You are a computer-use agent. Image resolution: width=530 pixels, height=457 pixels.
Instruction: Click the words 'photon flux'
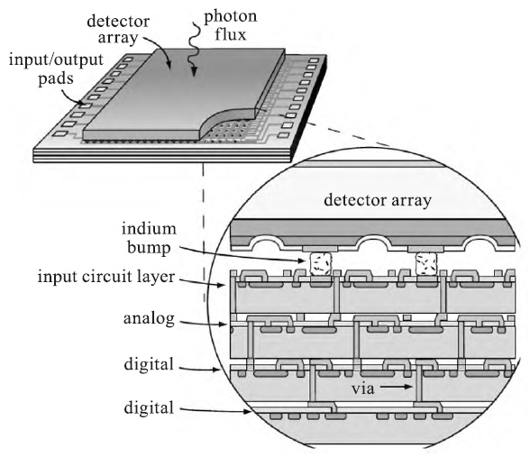pyautogui.click(x=230, y=25)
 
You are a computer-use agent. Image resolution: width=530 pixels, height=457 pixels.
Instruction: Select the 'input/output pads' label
pyautogui.click(x=56, y=69)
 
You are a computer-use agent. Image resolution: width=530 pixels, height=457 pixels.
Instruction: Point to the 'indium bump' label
pyautogui.click(x=149, y=238)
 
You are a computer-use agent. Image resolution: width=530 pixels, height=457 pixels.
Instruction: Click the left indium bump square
pyautogui.click(x=321, y=264)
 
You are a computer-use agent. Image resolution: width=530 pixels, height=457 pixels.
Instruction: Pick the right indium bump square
pyautogui.click(x=425, y=263)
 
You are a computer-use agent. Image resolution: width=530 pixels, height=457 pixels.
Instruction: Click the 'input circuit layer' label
pyautogui.click(x=106, y=277)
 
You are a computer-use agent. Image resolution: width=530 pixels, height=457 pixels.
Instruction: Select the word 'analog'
pyautogui.click(x=149, y=319)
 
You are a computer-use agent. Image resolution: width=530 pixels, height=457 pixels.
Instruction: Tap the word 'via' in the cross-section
pyautogui.click(x=363, y=388)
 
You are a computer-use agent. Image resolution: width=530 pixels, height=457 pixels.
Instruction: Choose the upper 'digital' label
pyautogui.click(x=149, y=364)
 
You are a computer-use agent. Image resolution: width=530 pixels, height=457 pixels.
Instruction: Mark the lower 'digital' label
pyautogui.click(x=149, y=407)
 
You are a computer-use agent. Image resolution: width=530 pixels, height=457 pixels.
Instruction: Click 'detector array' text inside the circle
pyautogui.click(x=378, y=200)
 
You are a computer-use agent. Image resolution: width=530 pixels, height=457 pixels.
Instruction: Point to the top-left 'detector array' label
pyautogui.click(x=118, y=30)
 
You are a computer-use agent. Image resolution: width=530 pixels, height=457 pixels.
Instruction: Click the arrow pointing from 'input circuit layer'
pyautogui.click(x=202, y=282)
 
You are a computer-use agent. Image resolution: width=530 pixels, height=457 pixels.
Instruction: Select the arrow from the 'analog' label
pyautogui.click(x=204, y=323)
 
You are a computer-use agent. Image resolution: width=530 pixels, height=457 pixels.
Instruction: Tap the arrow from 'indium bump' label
pyautogui.click(x=242, y=254)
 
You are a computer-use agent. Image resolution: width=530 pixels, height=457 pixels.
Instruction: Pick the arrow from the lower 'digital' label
pyautogui.click(x=215, y=411)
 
